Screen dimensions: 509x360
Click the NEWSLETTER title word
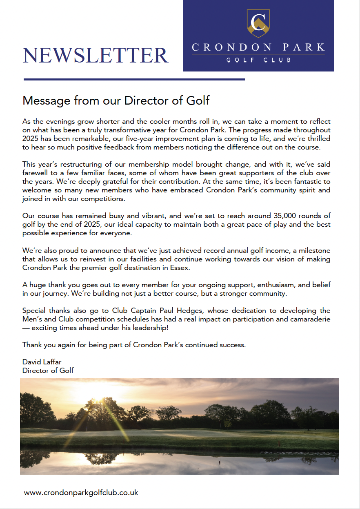click(x=96, y=55)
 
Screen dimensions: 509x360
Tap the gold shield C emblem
click(x=258, y=23)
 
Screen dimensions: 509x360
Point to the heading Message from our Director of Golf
click(x=116, y=100)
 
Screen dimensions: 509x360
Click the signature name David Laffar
click(x=42, y=362)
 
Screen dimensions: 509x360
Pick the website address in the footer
click(x=81, y=493)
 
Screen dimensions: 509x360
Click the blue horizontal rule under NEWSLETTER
click(x=134, y=79)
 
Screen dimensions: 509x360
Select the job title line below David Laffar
click(x=48, y=371)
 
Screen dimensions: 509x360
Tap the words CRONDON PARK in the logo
click(x=258, y=47)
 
